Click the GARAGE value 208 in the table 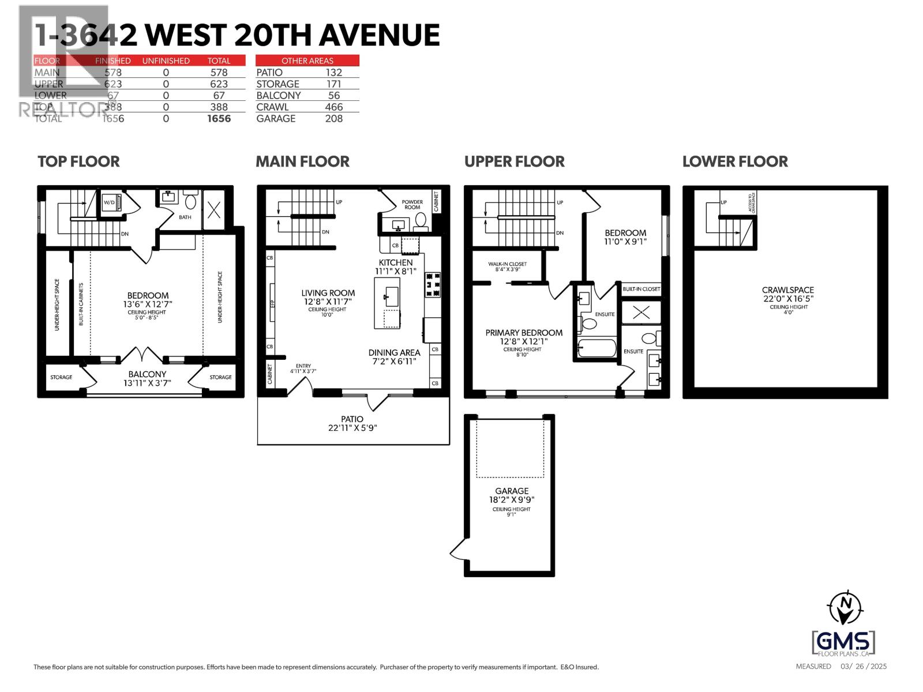coord(333,118)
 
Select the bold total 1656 coord(219,118)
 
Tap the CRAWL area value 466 coord(333,107)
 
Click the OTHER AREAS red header coord(307,61)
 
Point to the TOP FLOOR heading coord(78,161)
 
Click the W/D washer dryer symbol coord(110,203)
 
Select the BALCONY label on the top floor coord(147,374)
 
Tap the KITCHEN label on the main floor coord(395,262)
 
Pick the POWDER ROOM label coord(412,205)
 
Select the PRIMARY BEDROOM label coord(524,333)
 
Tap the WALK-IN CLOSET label coord(508,265)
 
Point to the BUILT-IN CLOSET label coord(641,289)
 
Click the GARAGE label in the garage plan coord(511,491)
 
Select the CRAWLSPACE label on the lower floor coord(787,290)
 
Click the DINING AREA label coord(394,352)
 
